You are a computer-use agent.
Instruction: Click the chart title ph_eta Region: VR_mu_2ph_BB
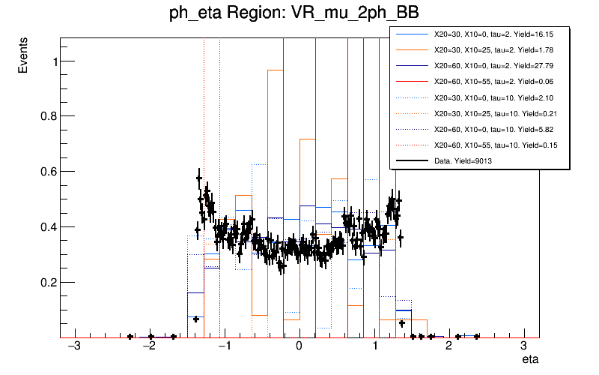click(293, 14)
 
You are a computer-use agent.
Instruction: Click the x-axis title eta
click(530, 361)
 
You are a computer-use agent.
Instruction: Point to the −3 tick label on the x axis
click(73, 346)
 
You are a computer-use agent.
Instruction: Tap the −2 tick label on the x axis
click(148, 346)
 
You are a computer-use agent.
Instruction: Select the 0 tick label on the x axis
click(299, 346)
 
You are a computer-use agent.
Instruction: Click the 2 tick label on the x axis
click(449, 346)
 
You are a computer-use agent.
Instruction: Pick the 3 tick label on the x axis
click(523, 346)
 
